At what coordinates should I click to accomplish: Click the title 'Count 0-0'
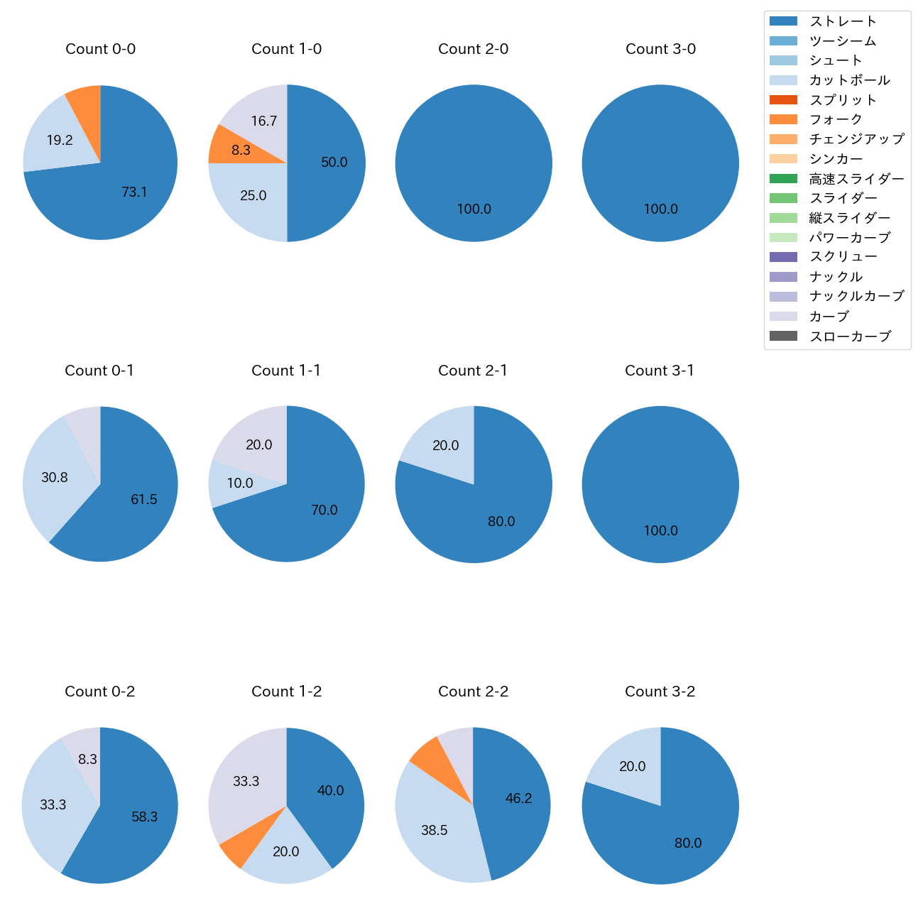100,49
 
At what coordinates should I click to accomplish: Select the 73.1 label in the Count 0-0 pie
134,192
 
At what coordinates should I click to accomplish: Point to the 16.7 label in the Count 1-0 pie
264,121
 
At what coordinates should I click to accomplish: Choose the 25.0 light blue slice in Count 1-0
253,195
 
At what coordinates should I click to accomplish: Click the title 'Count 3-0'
660,49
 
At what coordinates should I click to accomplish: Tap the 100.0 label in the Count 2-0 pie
474,209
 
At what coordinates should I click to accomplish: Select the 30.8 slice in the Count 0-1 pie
54,478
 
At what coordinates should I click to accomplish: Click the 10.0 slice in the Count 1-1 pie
240,484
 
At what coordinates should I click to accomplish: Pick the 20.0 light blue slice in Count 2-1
446,446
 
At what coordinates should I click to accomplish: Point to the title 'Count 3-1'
660,371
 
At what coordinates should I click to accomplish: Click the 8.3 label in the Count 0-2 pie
88,760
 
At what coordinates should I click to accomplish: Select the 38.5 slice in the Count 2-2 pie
435,830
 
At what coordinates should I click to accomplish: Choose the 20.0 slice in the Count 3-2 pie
632,767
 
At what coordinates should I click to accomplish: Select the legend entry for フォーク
836,119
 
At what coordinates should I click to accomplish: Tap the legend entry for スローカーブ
850,337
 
